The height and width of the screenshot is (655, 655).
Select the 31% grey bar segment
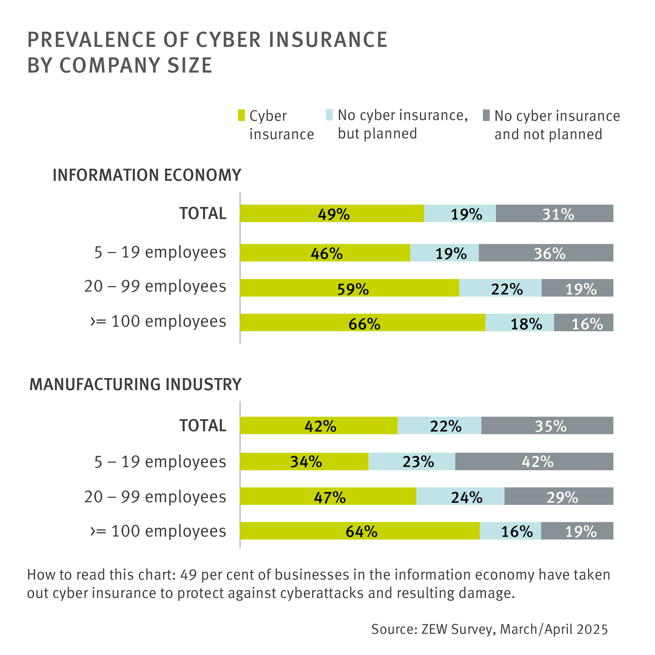(554, 213)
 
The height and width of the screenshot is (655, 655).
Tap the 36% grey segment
(546, 253)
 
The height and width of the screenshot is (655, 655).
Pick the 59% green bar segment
(349, 288)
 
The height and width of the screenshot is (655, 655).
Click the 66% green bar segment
(362, 323)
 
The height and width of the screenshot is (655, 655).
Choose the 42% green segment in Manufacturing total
(318, 425)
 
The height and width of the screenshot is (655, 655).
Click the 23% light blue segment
(412, 461)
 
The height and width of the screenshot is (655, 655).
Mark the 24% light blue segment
(460, 496)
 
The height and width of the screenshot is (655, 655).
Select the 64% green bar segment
(359, 531)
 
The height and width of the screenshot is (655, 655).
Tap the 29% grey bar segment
(559, 496)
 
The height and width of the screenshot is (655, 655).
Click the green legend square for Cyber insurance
(241, 115)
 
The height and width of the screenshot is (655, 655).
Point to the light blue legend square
(329, 114)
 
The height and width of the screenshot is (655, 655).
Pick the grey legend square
(486, 115)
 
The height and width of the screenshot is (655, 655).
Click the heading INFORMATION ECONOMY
(147, 175)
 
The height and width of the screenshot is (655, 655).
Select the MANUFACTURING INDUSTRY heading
(135, 384)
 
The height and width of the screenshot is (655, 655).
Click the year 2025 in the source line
(592, 629)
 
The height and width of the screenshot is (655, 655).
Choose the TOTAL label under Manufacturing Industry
(203, 425)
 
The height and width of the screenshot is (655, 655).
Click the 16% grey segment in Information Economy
(583, 323)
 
